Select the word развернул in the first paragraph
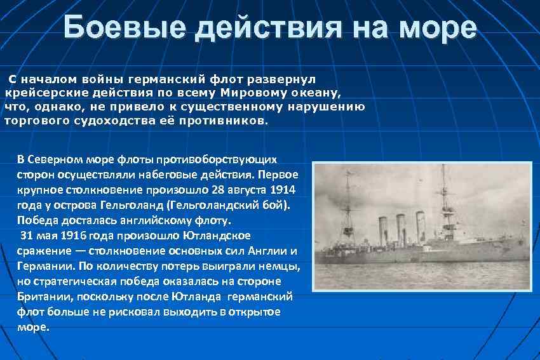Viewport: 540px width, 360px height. [288, 79]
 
